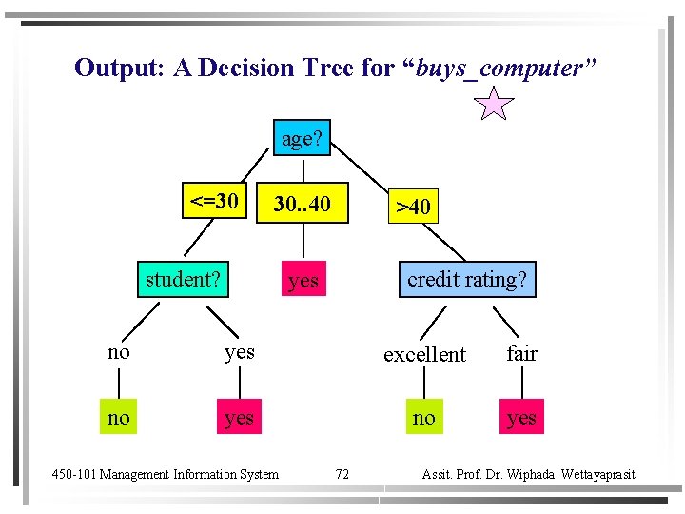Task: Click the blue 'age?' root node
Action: [x=302, y=139]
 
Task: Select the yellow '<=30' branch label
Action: [x=214, y=201]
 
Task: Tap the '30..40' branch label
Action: [x=302, y=204]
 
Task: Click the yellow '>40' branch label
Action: [x=413, y=207]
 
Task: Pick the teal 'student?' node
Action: [x=183, y=279]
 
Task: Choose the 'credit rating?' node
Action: [x=466, y=279]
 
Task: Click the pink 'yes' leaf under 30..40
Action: [x=303, y=280]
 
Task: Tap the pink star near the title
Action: [x=494, y=103]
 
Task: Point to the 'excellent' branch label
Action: [x=424, y=354]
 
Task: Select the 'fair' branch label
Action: [x=521, y=353]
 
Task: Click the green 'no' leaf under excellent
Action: [x=424, y=417]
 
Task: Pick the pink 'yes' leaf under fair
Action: [x=521, y=417]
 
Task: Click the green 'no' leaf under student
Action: [x=118, y=417]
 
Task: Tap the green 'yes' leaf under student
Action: [x=239, y=417]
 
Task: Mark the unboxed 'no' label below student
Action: [x=118, y=352]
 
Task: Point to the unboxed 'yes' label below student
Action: [x=239, y=352]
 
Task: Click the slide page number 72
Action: [x=342, y=474]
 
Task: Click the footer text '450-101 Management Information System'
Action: [x=165, y=474]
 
